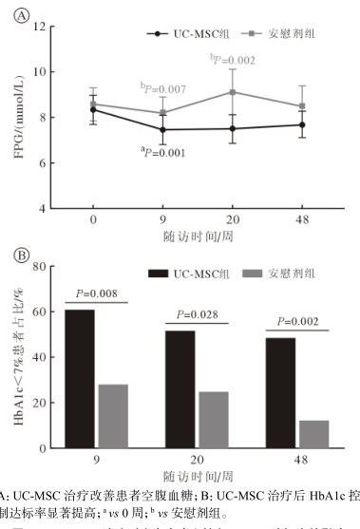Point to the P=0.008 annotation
point(97,293)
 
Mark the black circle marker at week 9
point(163,129)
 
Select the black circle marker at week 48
point(302,124)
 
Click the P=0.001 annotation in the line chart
point(163,151)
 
